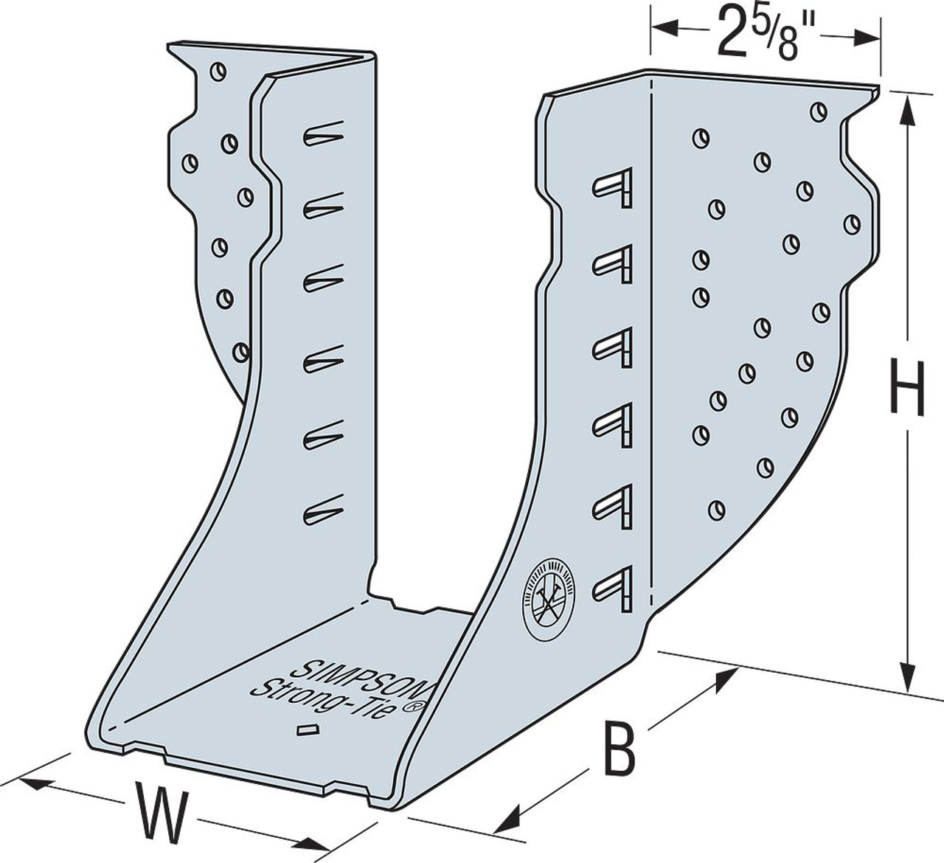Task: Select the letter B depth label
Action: [618, 749]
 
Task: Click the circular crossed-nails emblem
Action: [549, 588]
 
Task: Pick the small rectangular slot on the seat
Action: [305, 730]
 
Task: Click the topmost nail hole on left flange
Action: [218, 72]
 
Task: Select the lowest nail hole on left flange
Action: [240, 352]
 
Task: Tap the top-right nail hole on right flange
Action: [818, 112]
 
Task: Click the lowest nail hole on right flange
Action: [715, 509]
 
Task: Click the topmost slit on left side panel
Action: [323, 133]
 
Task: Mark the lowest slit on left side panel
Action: [323, 510]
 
